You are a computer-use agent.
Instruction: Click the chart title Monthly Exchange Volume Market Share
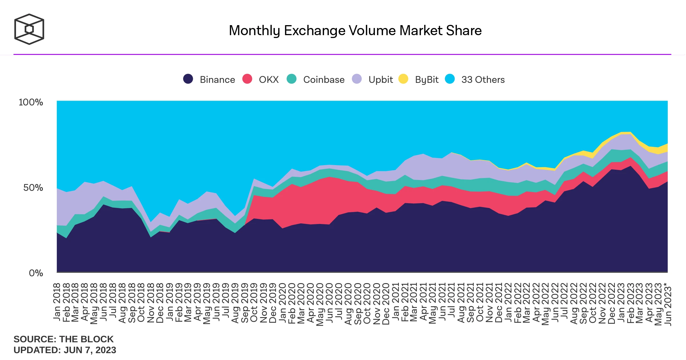coord(355,31)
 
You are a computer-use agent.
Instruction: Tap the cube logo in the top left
coord(29,29)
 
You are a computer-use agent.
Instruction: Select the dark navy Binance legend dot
coord(188,79)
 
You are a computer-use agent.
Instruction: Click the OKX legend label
coord(269,80)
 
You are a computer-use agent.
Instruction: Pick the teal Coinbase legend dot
coord(291,79)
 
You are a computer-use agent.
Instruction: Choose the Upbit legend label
coord(381,80)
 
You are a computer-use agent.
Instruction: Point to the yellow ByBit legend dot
coord(403,79)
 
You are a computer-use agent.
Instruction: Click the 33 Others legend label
coord(483,80)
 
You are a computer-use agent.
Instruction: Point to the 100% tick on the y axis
coord(31,102)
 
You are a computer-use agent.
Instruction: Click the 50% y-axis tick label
coord(33,188)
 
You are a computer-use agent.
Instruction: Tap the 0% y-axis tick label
coord(36,273)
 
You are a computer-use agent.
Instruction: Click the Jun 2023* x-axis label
coord(668,304)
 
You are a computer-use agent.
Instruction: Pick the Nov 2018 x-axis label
coord(151,303)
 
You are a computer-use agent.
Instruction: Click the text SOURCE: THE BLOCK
coord(63,339)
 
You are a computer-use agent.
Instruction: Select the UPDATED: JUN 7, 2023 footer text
coord(65,350)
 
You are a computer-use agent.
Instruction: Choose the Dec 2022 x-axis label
coord(612,303)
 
